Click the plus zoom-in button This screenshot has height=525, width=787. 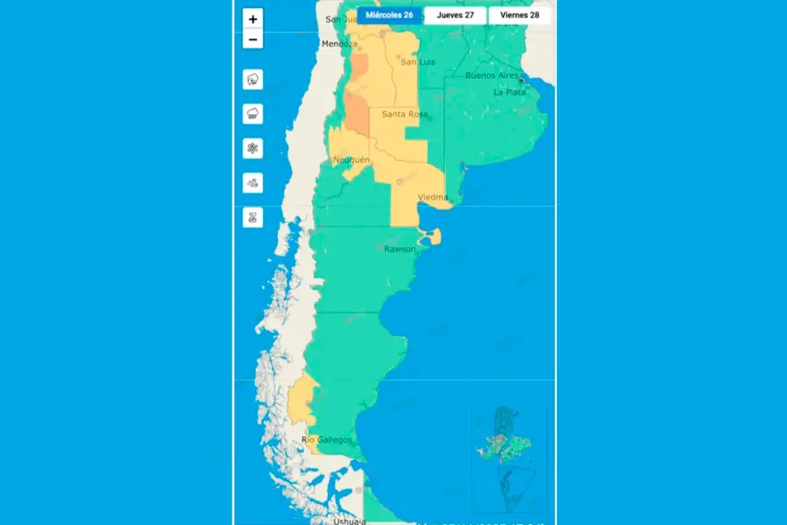pos(253,19)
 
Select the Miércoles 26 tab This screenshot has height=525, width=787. pos(389,15)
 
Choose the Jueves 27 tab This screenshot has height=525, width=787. pos(455,15)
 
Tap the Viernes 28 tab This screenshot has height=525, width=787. pos(519,15)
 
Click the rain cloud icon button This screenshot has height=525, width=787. pos(253,114)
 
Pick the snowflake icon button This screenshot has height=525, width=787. pos(253,149)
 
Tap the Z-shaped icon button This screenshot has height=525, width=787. pos(253,218)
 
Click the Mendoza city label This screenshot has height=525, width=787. pos(339,44)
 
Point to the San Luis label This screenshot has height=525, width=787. pos(417,62)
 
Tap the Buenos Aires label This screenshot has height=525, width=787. pos(491,76)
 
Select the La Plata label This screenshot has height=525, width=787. pos(509,92)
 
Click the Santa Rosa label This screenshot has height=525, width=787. pos(404,115)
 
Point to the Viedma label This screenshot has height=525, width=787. pos(433,198)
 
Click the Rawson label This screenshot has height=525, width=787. pos(400,249)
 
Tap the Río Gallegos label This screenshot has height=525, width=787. pos(326,439)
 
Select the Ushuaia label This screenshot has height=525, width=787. pos(349,521)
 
